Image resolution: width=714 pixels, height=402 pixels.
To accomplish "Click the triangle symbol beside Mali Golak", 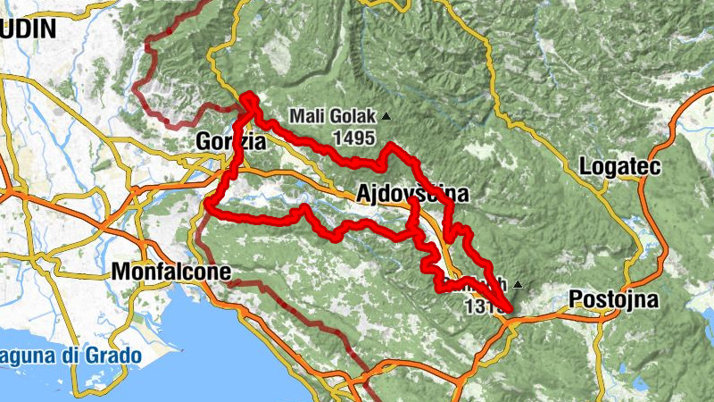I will coord(386,116).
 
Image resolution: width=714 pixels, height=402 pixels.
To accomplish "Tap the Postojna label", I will coord(613,298).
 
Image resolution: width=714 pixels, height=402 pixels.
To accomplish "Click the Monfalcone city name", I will coord(172,272).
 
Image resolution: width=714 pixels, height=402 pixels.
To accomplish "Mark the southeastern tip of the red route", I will coord(510,311).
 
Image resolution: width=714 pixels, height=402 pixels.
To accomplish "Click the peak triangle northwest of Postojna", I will coord(517,285).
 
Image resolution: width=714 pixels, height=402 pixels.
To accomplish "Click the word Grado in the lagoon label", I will coord(113,356).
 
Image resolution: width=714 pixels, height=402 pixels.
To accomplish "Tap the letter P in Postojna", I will coord(576,298).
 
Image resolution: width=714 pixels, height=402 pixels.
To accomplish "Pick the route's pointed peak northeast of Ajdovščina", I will coord(391,145).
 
